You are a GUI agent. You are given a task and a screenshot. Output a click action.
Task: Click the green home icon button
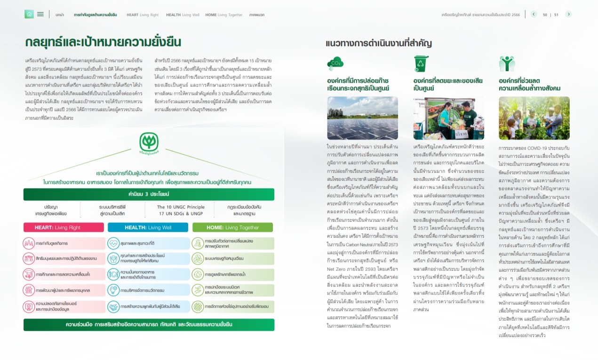[x=29, y=14]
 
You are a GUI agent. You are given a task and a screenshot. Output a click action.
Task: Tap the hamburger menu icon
[x=40, y=14]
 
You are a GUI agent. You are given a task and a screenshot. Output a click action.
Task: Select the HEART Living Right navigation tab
[x=143, y=15]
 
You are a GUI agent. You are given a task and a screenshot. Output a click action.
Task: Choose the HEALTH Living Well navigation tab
[x=183, y=15]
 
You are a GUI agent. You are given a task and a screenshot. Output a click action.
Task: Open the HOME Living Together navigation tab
[x=224, y=15]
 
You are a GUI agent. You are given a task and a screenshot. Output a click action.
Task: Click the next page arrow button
[x=568, y=14]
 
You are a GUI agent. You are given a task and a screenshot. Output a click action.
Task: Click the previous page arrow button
[x=534, y=14]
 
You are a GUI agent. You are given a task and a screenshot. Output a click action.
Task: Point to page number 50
[x=545, y=15]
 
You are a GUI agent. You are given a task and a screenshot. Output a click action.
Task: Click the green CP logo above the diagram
[x=149, y=142]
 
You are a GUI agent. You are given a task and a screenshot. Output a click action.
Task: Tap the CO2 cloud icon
[x=336, y=64]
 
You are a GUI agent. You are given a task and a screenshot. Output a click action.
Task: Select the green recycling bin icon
[x=421, y=64]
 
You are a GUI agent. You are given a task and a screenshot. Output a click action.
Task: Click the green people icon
[x=507, y=64]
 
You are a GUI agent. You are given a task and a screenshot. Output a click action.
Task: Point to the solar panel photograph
[x=362, y=118]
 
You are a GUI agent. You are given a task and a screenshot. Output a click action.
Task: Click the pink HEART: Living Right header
[x=64, y=227]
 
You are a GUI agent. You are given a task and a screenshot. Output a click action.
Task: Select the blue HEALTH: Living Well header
[x=149, y=227]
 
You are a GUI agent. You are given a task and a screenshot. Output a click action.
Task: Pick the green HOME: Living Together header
[x=233, y=227]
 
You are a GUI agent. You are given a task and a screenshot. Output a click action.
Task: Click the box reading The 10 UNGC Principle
[x=181, y=210]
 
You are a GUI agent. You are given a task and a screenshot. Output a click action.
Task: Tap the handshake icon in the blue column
[x=113, y=307]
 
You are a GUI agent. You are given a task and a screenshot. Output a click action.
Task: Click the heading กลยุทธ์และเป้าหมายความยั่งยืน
[x=103, y=42]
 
